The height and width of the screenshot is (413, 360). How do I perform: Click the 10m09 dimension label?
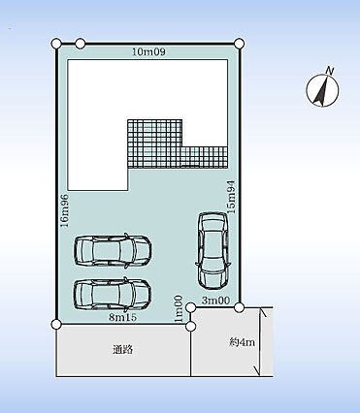[148, 51]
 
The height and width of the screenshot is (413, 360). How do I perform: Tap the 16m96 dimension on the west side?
[65, 210]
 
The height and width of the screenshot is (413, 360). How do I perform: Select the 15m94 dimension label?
[232, 196]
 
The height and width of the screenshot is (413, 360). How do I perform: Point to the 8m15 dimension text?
[122, 317]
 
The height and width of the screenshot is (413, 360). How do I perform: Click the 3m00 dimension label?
[215, 301]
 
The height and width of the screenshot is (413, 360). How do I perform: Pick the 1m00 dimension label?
[179, 309]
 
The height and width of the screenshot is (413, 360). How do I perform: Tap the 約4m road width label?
[243, 342]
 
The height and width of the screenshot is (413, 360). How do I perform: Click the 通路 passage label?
[123, 349]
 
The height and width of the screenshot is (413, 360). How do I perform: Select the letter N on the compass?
[330, 71]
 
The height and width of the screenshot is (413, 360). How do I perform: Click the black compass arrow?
[322, 92]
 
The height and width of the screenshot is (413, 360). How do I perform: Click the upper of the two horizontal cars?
[113, 250]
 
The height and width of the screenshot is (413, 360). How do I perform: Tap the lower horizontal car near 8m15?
[113, 293]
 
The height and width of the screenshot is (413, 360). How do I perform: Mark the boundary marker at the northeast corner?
[240, 44]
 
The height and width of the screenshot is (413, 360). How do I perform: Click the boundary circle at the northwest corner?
[56, 43]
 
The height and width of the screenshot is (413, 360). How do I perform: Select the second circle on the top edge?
[81, 44]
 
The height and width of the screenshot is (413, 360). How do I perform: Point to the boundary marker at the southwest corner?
[56, 324]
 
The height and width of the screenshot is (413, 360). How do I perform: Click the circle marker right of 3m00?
[239, 307]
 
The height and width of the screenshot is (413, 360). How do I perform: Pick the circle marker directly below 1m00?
[191, 327]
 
